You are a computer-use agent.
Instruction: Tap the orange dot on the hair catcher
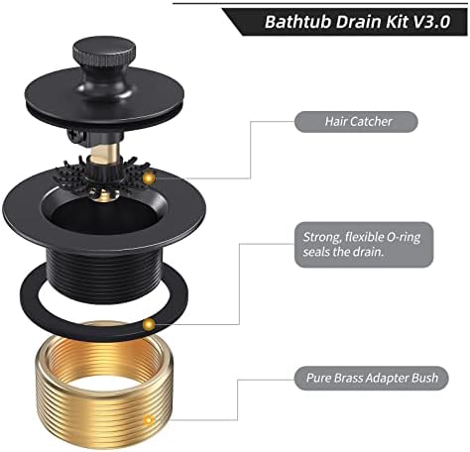pyautogui.click(x=149, y=177)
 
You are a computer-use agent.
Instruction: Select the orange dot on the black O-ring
pyautogui.click(x=149, y=324)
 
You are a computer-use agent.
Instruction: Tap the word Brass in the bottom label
pyautogui.click(x=350, y=378)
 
